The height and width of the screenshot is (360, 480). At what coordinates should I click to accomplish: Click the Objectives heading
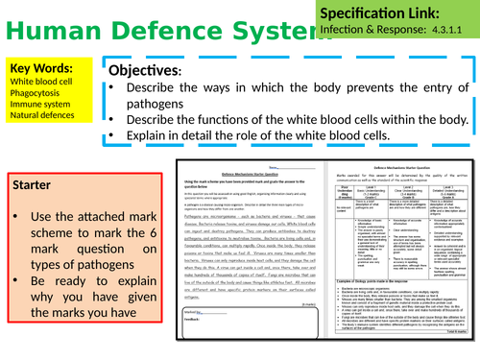coord(144,72)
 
